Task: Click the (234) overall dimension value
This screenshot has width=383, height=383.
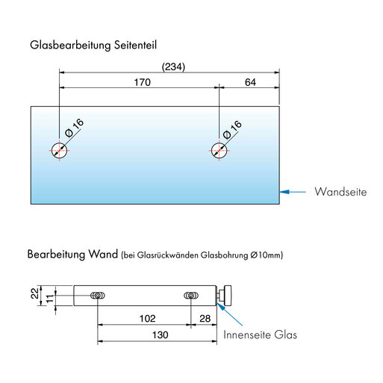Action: (x=173, y=67)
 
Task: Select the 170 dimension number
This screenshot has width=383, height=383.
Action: (x=143, y=82)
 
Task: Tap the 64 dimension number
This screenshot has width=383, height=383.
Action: (x=250, y=82)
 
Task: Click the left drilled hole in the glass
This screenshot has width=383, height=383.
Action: (x=59, y=151)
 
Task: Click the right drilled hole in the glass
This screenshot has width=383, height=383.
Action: (x=219, y=151)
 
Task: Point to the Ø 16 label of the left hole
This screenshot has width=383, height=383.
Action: (x=74, y=128)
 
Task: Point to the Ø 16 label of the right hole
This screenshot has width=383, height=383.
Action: (x=232, y=129)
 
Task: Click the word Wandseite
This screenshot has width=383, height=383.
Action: (x=340, y=192)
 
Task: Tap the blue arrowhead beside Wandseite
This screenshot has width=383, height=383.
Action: (x=284, y=192)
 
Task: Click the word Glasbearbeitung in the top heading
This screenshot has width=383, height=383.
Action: (x=70, y=46)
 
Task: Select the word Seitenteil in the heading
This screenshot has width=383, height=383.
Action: (x=135, y=45)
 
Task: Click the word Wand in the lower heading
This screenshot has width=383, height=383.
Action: (x=103, y=254)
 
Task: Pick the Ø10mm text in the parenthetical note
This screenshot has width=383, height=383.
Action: (x=266, y=255)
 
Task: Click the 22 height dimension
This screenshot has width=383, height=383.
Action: (x=35, y=293)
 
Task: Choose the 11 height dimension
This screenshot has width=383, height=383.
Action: (x=50, y=299)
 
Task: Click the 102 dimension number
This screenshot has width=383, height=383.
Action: (x=147, y=319)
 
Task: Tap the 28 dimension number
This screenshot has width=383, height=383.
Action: (x=205, y=319)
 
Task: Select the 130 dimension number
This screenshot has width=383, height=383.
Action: (x=161, y=335)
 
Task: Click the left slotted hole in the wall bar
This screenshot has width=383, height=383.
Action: (x=98, y=296)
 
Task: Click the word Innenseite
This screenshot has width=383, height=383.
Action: (x=247, y=334)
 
